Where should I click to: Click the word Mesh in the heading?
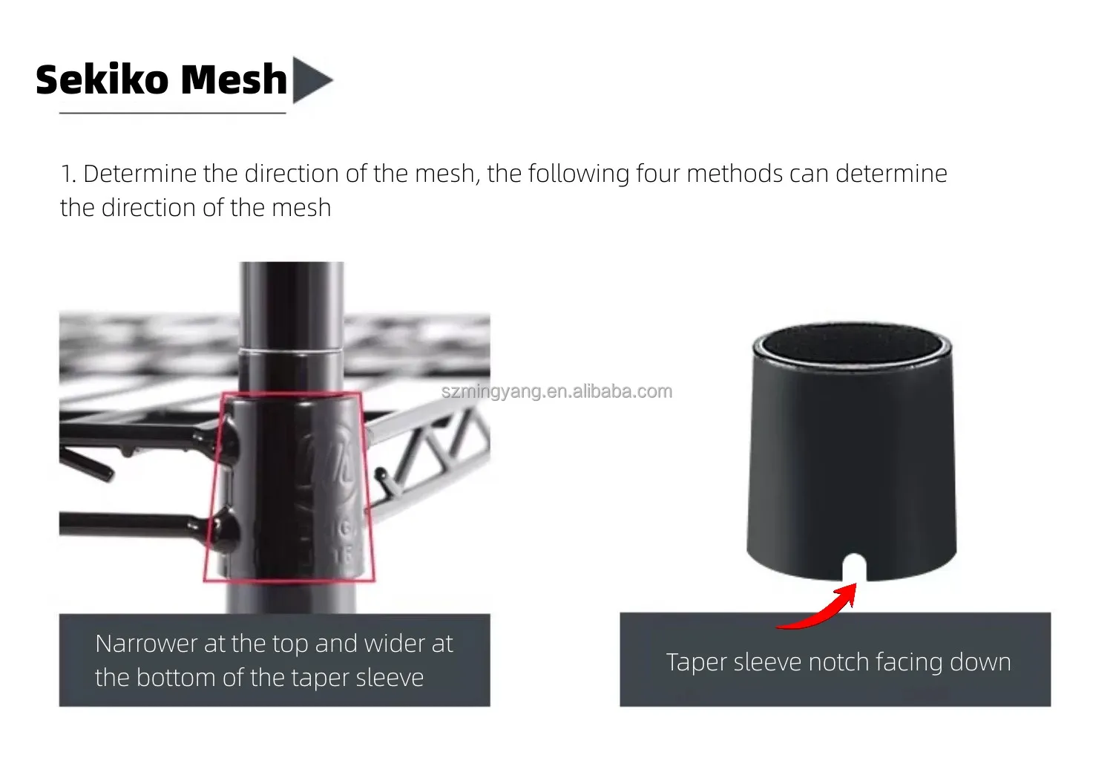point(234,79)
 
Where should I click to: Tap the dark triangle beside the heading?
point(311,80)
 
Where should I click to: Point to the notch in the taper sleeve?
point(854,567)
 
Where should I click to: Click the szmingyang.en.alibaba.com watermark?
point(557,392)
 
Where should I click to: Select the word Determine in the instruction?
point(140,174)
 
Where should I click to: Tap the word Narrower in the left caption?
point(146,644)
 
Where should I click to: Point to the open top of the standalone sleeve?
point(852,344)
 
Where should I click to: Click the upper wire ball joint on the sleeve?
point(229,440)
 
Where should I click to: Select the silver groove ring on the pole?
point(291,351)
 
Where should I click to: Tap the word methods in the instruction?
point(735,174)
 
